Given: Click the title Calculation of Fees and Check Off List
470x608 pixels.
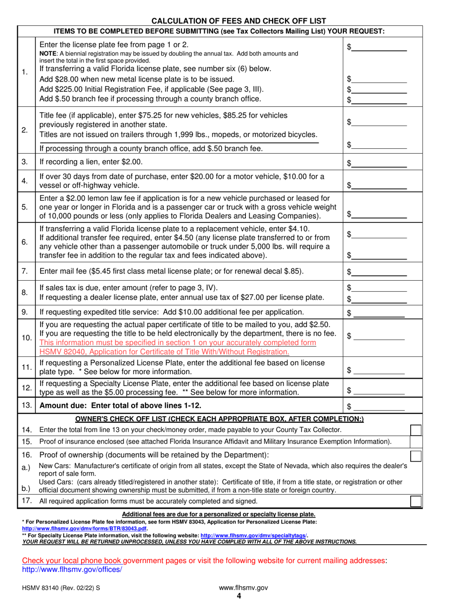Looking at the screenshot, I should (238, 21).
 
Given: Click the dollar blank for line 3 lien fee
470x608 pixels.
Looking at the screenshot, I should (380, 163).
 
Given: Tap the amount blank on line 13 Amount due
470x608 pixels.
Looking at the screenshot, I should (380, 407).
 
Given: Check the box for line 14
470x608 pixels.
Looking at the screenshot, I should (417, 429).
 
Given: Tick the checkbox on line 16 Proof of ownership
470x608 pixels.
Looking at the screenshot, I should (417, 455).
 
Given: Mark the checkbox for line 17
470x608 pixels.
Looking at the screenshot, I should (417, 501).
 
